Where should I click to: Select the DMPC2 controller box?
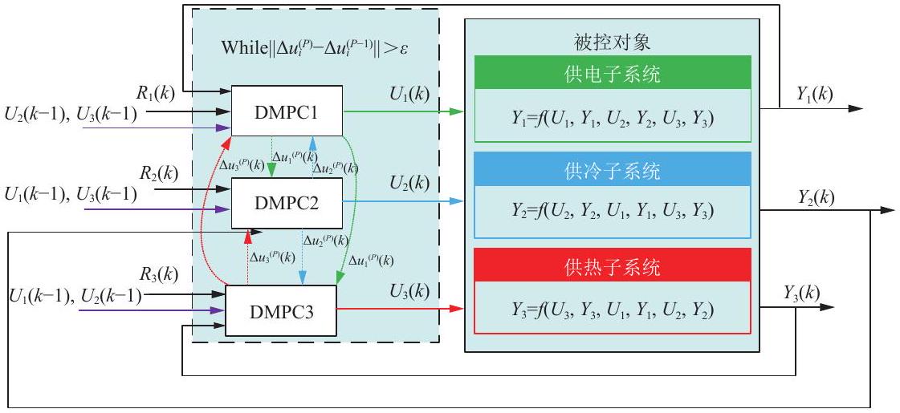tap(287, 203)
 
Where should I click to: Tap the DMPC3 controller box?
tap(280, 311)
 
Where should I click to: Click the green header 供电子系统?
tap(613, 73)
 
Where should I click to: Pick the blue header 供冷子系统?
tap(613, 169)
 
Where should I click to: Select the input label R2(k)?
tap(159, 172)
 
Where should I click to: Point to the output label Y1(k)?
tap(814, 94)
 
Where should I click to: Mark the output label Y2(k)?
tap(817, 197)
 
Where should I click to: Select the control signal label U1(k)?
tap(409, 93)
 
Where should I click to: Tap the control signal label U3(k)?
tap(409, 291)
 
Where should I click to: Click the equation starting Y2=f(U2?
tap(613, 212)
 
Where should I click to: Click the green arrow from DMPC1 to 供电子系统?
tap(403, 111)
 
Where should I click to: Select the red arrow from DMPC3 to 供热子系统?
tap(400, 309)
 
